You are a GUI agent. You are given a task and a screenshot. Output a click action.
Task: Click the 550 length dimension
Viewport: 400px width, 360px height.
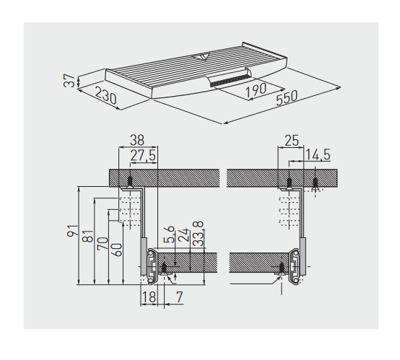tap(287, 97)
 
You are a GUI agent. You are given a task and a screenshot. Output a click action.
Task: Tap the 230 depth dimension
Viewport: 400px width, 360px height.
tap(105, 95)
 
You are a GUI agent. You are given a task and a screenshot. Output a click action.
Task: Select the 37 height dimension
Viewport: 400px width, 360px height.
tap(69, 81)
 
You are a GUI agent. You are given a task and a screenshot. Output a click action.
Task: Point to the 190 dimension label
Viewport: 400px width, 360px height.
tap(256, 90)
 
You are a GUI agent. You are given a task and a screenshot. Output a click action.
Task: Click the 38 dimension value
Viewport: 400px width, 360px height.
tap(137, 140)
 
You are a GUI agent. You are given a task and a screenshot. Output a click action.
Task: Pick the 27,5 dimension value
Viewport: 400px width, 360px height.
tap(143, 155)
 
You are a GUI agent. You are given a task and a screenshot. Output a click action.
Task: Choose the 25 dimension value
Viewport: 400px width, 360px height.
tap(291, 141)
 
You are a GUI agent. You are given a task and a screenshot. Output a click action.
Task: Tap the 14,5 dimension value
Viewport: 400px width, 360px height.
tap(318, 155)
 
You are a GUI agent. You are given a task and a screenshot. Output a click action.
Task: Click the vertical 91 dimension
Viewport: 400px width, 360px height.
tap(73, 231)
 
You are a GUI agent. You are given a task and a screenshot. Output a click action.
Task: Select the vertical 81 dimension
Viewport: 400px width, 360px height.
tap(89, 236)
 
